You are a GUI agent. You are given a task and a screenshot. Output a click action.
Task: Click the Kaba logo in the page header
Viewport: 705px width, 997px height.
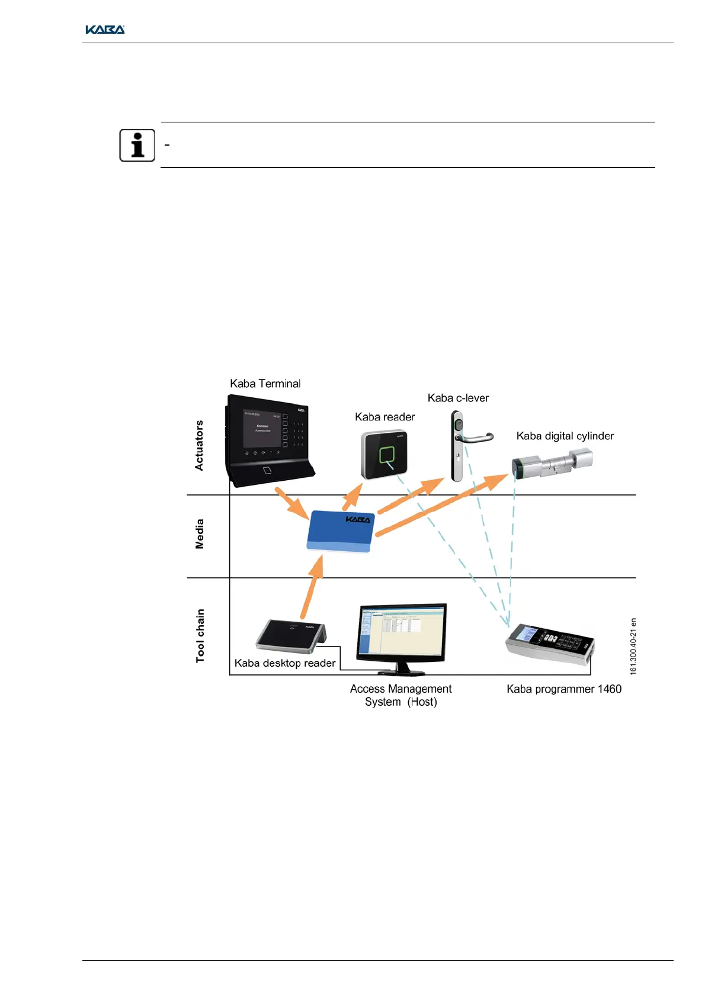click(x=105, y=30)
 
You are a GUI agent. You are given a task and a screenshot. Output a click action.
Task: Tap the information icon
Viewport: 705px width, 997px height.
click(x=137, y=145)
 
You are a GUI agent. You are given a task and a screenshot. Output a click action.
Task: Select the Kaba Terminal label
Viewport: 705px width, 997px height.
click(x=265, y=384)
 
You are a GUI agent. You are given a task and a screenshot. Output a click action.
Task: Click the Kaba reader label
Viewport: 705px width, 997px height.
click(x=384, y=417)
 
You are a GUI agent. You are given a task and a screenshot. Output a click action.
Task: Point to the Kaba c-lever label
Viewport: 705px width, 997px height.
click(x=458, y=398)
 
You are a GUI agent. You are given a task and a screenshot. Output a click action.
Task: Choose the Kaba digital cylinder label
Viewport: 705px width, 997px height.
click(x=565, y=436)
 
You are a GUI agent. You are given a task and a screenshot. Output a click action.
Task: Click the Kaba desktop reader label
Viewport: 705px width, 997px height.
click(x=285, y=663)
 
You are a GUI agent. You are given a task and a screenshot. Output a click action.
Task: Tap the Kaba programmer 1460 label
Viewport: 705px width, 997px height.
click(x=563, y=689)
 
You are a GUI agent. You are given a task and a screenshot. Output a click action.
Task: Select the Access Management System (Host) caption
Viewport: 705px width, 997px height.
click(x=400, y=695)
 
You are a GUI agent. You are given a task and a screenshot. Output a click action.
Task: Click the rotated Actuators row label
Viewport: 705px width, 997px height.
click(x=199, y=445)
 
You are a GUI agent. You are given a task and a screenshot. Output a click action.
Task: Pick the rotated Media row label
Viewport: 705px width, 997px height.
click(x=200, y=534)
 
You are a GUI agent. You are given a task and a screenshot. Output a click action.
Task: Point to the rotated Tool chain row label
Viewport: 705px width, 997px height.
click(x=200, y=635)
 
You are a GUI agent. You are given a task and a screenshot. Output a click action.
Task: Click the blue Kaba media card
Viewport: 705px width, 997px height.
click(x=340, y=531)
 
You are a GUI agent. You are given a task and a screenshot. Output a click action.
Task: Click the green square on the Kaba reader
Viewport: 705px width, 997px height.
click(x=386, y=455)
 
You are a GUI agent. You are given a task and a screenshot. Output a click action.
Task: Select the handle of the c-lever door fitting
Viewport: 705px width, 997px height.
click(x=478, y=439)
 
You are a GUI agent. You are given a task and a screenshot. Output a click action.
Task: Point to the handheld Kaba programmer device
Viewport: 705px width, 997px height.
click(x=549, y=645)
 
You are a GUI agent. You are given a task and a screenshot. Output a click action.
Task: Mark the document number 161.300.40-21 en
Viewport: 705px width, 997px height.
click(x=633, y=647)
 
